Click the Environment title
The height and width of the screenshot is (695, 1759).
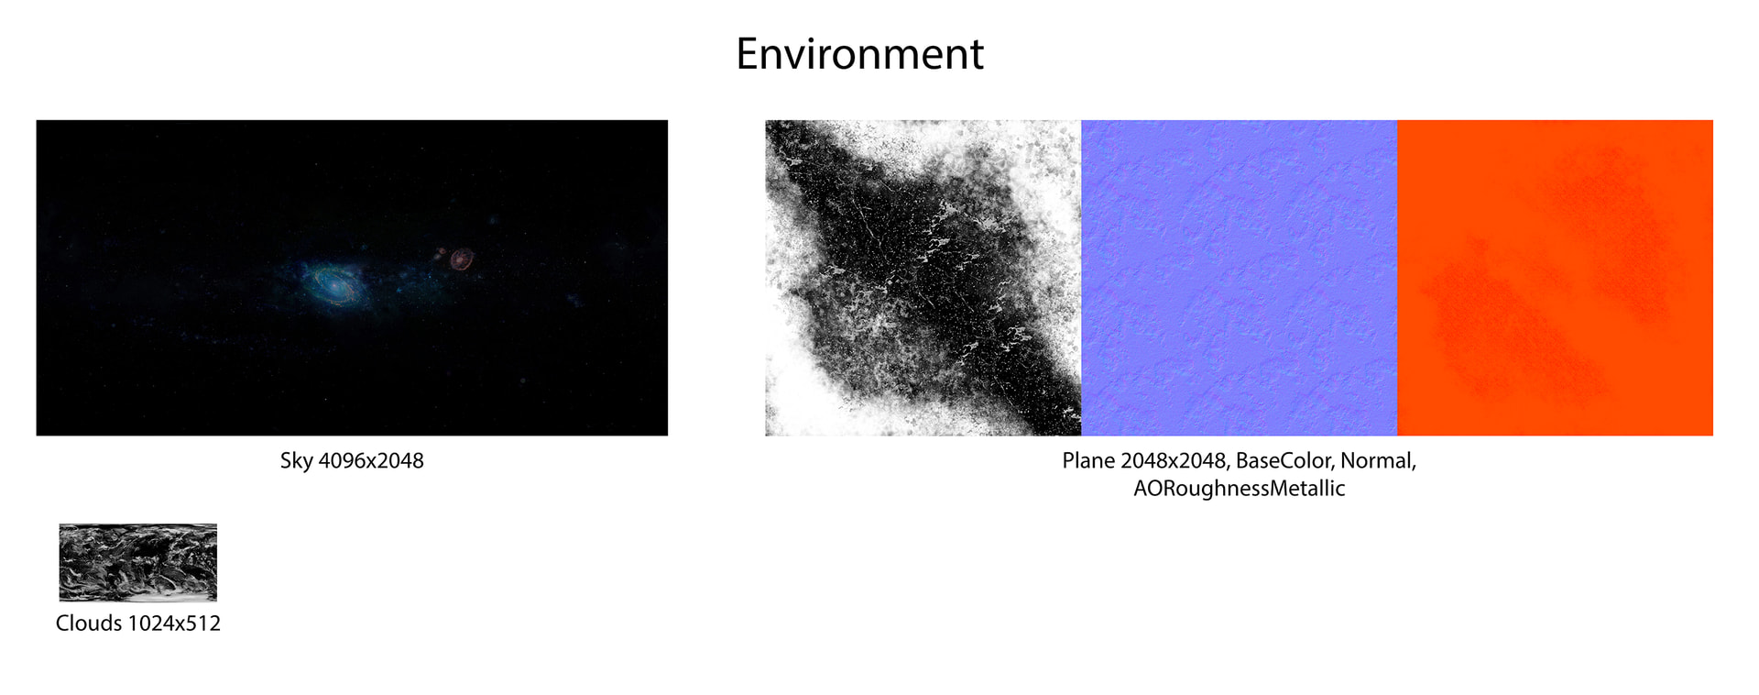pyautogui.click(x=859, y=54)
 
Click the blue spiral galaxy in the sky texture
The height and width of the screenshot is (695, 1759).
pyautogui.click(x=334, y=283)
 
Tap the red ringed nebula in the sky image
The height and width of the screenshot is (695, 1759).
pyautogui.click(x=462, y=259)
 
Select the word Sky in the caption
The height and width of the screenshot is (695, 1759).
pyautogui.click(x=296, y=461)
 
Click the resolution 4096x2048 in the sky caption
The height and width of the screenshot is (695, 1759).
pyautogui.click(x=371, y=461)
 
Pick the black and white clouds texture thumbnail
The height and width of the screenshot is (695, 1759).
pyautogui.click(x=138, y=562)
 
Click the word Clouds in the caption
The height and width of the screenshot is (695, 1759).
pyautogui.click(x=88, y=623)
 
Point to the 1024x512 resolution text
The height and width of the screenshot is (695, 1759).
pyautogui.click(x=174, y=623)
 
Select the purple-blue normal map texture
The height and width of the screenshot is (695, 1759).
pyautogui.click(x=1240, y=278)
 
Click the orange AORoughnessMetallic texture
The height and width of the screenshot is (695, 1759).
pyautogui.click(x=1556, y=278)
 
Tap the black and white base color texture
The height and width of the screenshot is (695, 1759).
pyautogui.click(x=923, y=278)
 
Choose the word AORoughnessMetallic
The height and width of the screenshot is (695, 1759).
pyautogui.click(x=1240, y=489)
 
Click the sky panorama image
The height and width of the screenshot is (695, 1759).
pyautogui.click(x=352, y=278)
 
